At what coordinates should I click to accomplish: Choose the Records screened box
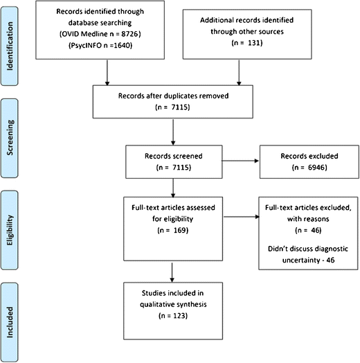[174, 161]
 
